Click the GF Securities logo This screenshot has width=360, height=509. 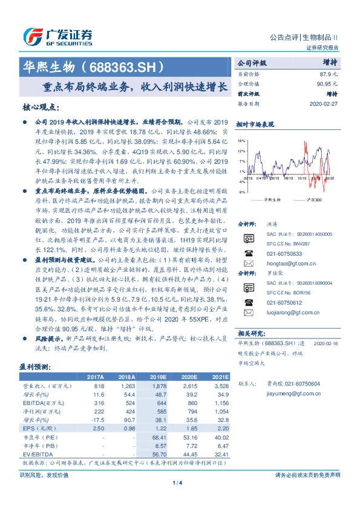pyautogui.click(x=57, y=37)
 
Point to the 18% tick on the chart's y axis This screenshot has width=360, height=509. pyautogui.click(x=241, y=140)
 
